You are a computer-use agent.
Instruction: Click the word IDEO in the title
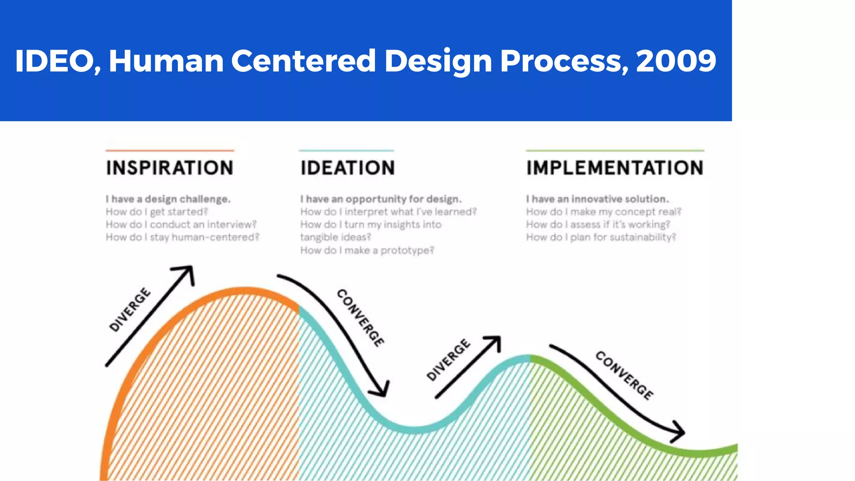pos(55,61)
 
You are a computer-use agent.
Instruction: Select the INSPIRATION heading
pos(169,168)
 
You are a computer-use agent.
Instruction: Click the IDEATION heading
pos(348,168)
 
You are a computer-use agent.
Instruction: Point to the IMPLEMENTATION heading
pos(615,168)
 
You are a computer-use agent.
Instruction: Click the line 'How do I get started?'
pos(157,212)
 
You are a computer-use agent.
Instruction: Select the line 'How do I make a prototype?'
pos(367,251)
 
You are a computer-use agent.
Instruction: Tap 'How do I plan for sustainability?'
pos(601,237)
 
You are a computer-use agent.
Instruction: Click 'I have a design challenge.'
pos(168,199)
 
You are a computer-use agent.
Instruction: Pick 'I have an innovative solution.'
pos(597,199)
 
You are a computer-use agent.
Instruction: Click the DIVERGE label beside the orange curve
pos(129,310)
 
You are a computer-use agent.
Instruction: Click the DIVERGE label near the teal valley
pos(448,360)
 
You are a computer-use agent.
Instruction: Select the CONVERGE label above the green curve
pos(625,375)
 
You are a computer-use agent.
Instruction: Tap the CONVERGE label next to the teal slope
pos(360,318)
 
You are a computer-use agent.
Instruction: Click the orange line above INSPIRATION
pos(169,150)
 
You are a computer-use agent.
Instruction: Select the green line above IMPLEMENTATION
pos(615,150)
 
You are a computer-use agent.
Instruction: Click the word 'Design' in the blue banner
pos(438,61)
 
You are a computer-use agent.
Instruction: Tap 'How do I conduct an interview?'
pos(181,225)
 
